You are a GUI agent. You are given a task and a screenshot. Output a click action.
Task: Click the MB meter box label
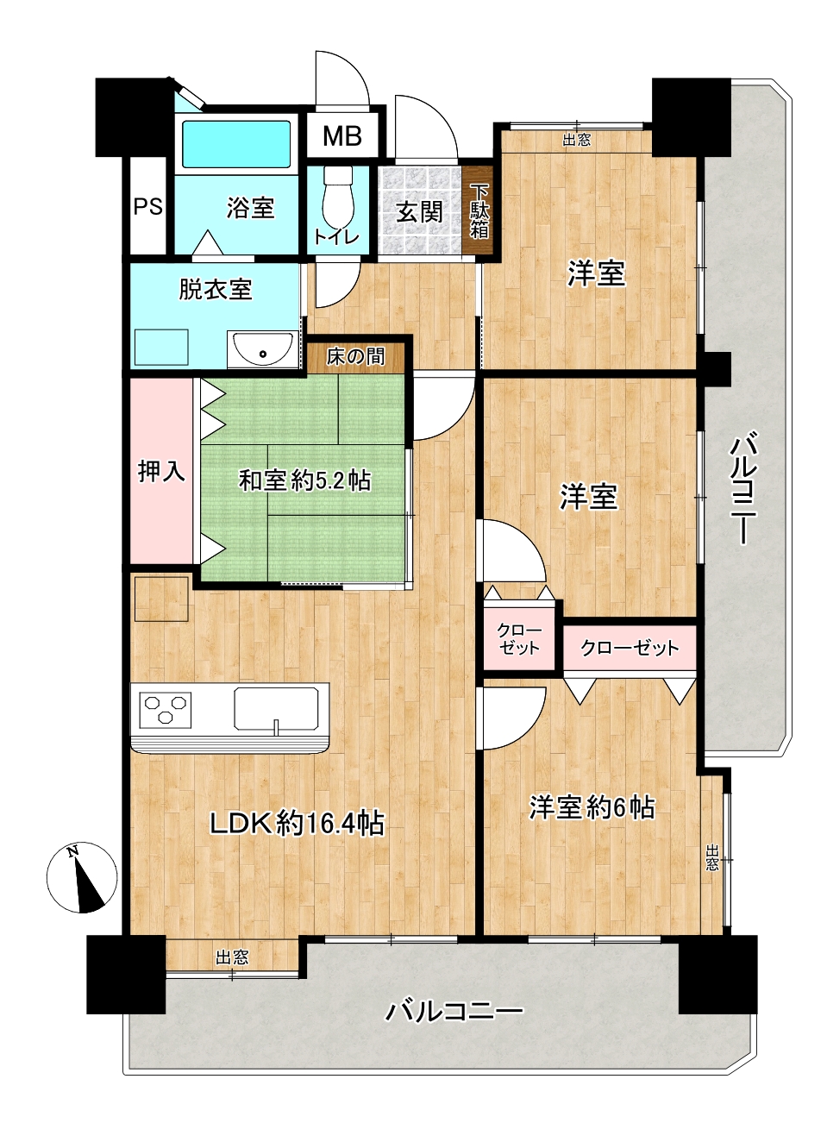tap(341, 135)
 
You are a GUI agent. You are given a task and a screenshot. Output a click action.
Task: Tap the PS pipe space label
tap(148, 206)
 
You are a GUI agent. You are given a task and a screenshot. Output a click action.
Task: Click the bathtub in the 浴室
tap(236, 144)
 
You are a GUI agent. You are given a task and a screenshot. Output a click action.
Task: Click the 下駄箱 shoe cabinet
tap(478, 210)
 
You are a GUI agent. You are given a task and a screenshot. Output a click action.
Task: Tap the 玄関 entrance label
tap(419, 212)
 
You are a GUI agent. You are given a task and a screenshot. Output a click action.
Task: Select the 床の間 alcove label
tap(356, 356)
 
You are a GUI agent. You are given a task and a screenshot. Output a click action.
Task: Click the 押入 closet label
tap(161, 471)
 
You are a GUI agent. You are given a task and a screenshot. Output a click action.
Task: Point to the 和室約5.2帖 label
tap(304, 480)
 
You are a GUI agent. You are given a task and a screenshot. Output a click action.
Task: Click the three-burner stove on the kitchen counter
tap(166, 709)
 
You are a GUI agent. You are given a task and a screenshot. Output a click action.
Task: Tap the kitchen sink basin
tap(276, 708)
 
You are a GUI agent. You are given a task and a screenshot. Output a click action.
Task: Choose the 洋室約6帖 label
tap(592, 807)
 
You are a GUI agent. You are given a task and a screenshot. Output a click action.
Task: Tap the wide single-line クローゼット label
tap(630, 649)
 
